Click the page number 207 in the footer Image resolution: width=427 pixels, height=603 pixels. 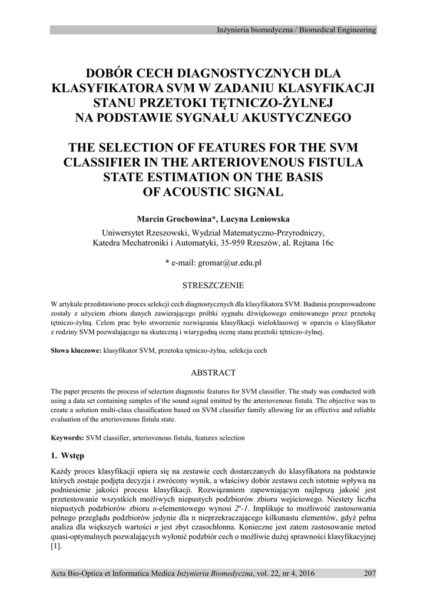click(x=370, y=573)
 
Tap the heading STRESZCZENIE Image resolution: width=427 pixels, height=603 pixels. click(x=213, y=286)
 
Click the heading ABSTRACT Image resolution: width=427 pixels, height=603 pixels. click(x=213, y=373)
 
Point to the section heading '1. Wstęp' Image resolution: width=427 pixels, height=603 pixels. click(x=68, y=455)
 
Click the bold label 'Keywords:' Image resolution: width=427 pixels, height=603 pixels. click(x=68, y=438)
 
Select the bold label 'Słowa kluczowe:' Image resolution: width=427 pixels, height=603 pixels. click(x=77, y=350)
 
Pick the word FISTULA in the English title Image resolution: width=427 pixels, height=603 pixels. click(x=335, y=162)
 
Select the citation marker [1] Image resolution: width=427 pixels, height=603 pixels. click(x=56, y=546)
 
